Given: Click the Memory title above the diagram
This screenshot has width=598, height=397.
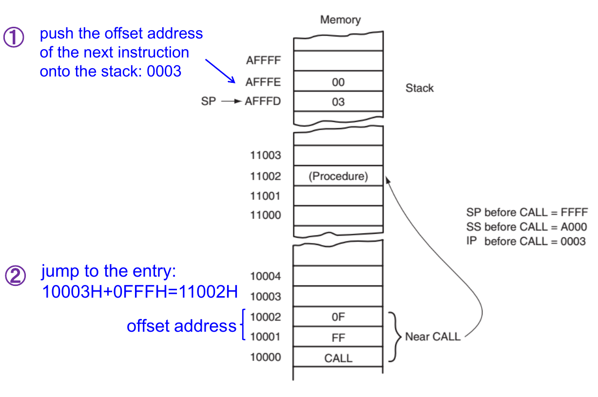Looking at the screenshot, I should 340,20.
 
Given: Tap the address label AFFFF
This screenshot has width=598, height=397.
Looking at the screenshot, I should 263,61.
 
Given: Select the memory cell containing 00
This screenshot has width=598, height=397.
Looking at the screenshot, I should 338,82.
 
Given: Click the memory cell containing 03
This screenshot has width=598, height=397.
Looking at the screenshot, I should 338,102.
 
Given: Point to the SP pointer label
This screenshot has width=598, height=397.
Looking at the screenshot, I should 208,102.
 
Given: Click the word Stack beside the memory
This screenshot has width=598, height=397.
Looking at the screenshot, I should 419,88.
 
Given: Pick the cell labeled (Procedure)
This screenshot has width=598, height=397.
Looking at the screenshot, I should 338,176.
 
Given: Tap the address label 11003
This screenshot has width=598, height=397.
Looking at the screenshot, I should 265,156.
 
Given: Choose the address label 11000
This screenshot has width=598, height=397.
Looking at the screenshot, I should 265,215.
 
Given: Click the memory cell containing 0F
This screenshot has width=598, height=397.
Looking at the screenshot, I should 338,317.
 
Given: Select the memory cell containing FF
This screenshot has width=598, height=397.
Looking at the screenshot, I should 338,337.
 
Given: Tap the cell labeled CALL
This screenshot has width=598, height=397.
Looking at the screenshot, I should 338,358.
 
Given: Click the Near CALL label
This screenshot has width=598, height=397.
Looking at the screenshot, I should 432,337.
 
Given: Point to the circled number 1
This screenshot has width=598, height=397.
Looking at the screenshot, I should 14,38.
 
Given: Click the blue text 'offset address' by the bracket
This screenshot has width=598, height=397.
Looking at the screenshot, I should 181,326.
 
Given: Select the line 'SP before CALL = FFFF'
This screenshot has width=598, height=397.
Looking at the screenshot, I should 527,212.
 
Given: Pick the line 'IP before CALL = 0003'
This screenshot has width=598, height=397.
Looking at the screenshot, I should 526,242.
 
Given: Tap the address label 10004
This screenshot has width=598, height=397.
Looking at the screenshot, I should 265,277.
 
